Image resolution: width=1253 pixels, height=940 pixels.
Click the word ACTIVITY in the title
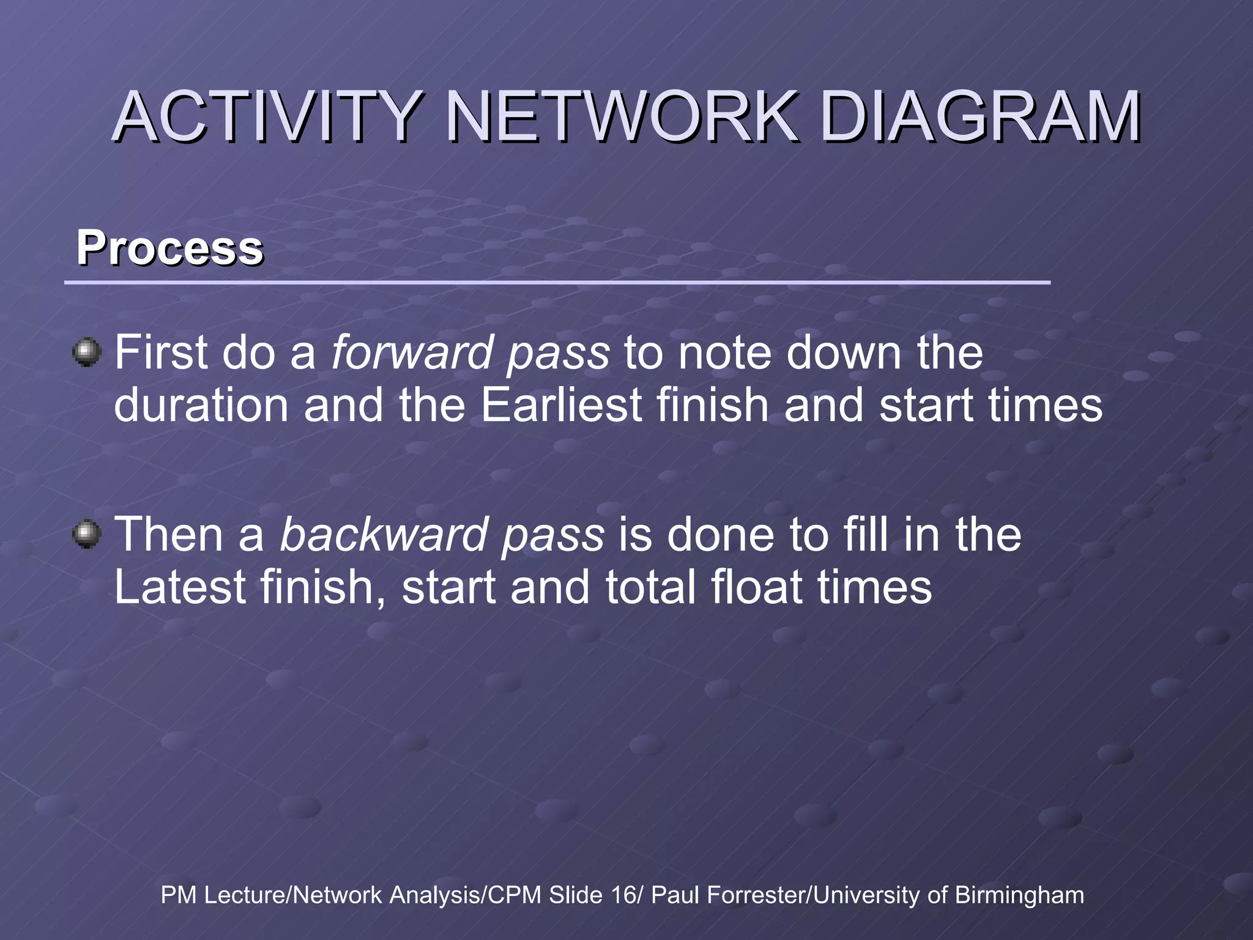pos(267,116)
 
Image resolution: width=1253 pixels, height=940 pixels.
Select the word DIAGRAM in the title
pos(979,116)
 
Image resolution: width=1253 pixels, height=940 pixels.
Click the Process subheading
pos(169,248)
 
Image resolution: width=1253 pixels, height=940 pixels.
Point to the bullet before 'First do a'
pos(87,352)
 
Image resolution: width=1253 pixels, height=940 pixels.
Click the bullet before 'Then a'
pos(87,534)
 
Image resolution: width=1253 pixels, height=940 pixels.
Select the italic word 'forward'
pos(411,353)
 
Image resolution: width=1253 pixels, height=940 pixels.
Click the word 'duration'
pos(201,405)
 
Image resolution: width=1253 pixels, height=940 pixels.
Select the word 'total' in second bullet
pos(649,587)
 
